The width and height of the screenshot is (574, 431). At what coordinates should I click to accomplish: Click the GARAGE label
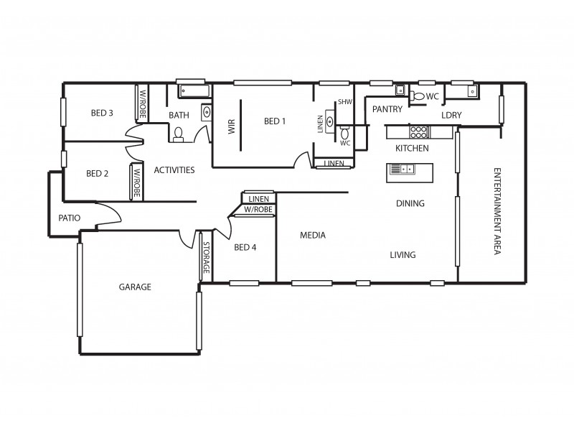point(135,287)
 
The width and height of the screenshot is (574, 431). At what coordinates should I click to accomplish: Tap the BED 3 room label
point(102,113)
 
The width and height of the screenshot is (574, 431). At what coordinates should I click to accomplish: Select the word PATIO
point(70,218)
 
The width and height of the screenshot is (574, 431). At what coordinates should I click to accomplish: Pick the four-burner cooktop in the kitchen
point(419,131)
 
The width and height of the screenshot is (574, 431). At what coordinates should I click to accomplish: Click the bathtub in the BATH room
point(193,91)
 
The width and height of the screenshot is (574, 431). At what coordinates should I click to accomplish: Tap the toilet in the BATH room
point(178,133)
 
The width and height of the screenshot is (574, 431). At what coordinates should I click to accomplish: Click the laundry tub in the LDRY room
point(472,91)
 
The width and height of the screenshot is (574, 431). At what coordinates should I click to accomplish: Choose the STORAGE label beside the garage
point(206,256)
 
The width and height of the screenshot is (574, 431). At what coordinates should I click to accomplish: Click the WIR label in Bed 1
point(231,126)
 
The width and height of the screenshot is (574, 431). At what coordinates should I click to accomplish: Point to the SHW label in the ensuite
point(345,102)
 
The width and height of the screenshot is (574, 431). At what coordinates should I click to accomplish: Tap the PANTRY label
point(387,108)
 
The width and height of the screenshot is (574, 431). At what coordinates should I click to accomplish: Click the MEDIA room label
point(313,235)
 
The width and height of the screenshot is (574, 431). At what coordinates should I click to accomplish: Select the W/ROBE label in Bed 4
point(258,210)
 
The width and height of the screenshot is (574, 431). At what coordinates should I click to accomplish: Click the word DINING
point(410,203)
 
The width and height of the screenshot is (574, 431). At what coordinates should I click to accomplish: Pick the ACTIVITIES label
point(174,170)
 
